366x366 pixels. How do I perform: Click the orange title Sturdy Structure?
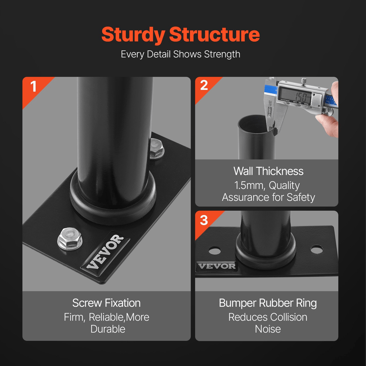pyautogui.click(x=180, y=35)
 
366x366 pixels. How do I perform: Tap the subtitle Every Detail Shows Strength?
pyautogui.click(x=180, y=54)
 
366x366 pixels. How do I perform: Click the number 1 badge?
pyautogui.click(x=33, y=87)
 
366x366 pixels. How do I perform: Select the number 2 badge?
pyautogui.click(x=204, y=85)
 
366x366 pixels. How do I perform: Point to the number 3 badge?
pyautogui.click(x=204, y=220)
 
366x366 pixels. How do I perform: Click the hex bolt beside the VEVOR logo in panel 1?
pyautogui.click(x=70, y=239)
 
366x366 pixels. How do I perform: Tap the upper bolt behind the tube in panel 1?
pyautogui.click(x=157, y=149)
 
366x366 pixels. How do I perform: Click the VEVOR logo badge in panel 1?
pyautogui.click(x=105, y=252)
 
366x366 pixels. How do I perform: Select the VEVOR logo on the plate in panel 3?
pyautogui.click(x=217, y=266)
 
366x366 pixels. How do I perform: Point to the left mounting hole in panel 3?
pyautogui.click(x=215, y=251)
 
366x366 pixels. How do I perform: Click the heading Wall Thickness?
pyautogui.click(x=268, y=171)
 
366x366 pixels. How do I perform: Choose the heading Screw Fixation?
pyautogui.click(x=106, y=303)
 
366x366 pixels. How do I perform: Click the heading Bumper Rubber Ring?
pyautogui.click(x=268, y=303)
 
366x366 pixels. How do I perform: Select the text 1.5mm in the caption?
pyautogui.click(x=249, y=185)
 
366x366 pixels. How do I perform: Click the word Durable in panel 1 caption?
pyautogui.click(x=108, y=329)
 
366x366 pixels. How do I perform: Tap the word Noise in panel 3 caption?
pyautogui.click(x=268, y=329)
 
